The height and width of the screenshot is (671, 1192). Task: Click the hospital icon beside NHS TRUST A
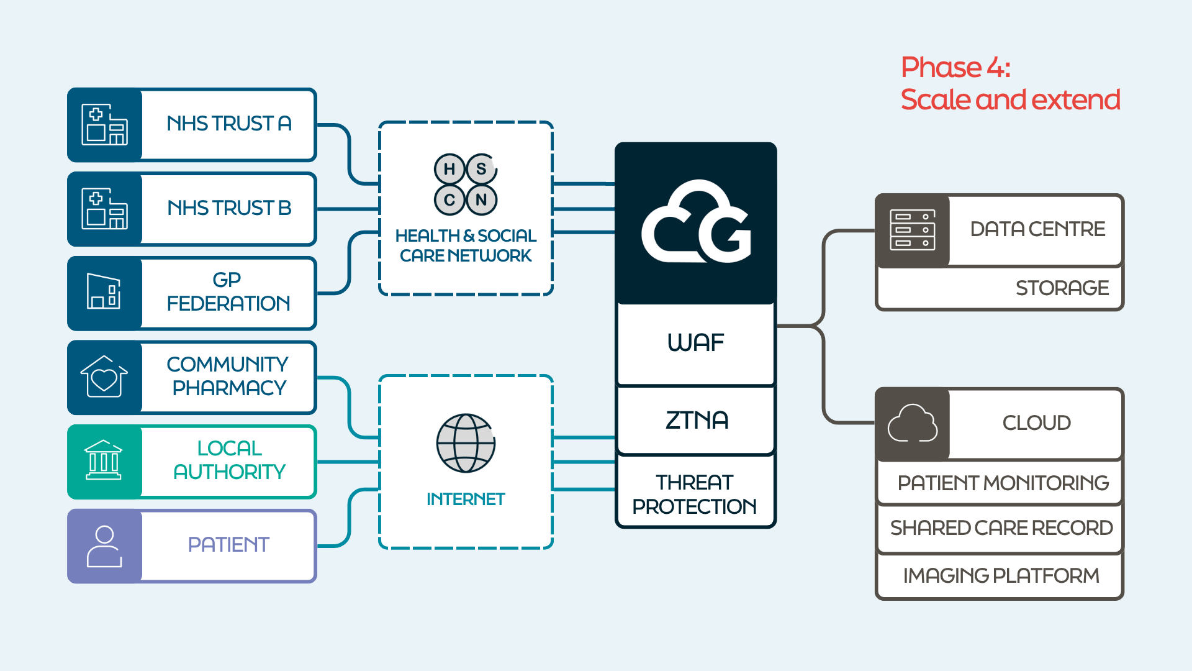pos(104,124)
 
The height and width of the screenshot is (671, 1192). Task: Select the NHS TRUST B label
pos(229,208)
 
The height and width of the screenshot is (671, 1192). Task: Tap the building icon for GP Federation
pos(104,291)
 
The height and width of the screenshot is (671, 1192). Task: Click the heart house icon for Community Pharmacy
pos(104,377)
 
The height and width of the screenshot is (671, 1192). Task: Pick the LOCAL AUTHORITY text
pos(229,460)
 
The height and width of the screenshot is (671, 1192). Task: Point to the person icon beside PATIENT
pos(104,546)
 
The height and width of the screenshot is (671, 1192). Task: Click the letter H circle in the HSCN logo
pos(449,169)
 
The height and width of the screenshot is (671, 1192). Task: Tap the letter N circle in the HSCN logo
pos(481,200)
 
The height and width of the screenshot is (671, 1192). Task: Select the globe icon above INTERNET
pos(466,444)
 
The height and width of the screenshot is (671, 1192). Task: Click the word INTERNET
pos(466,499)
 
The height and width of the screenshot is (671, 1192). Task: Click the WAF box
pos(696,343)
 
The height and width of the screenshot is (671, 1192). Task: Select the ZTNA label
pos(697,421)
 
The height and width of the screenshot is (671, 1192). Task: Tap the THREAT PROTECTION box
pos(695,494)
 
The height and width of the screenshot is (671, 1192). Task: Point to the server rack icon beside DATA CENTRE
pos(912,230)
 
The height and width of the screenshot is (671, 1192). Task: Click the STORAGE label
pos(1062,288)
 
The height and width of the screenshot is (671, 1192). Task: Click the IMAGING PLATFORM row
pos(1001,576)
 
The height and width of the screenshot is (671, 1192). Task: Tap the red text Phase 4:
pos(955,67)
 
